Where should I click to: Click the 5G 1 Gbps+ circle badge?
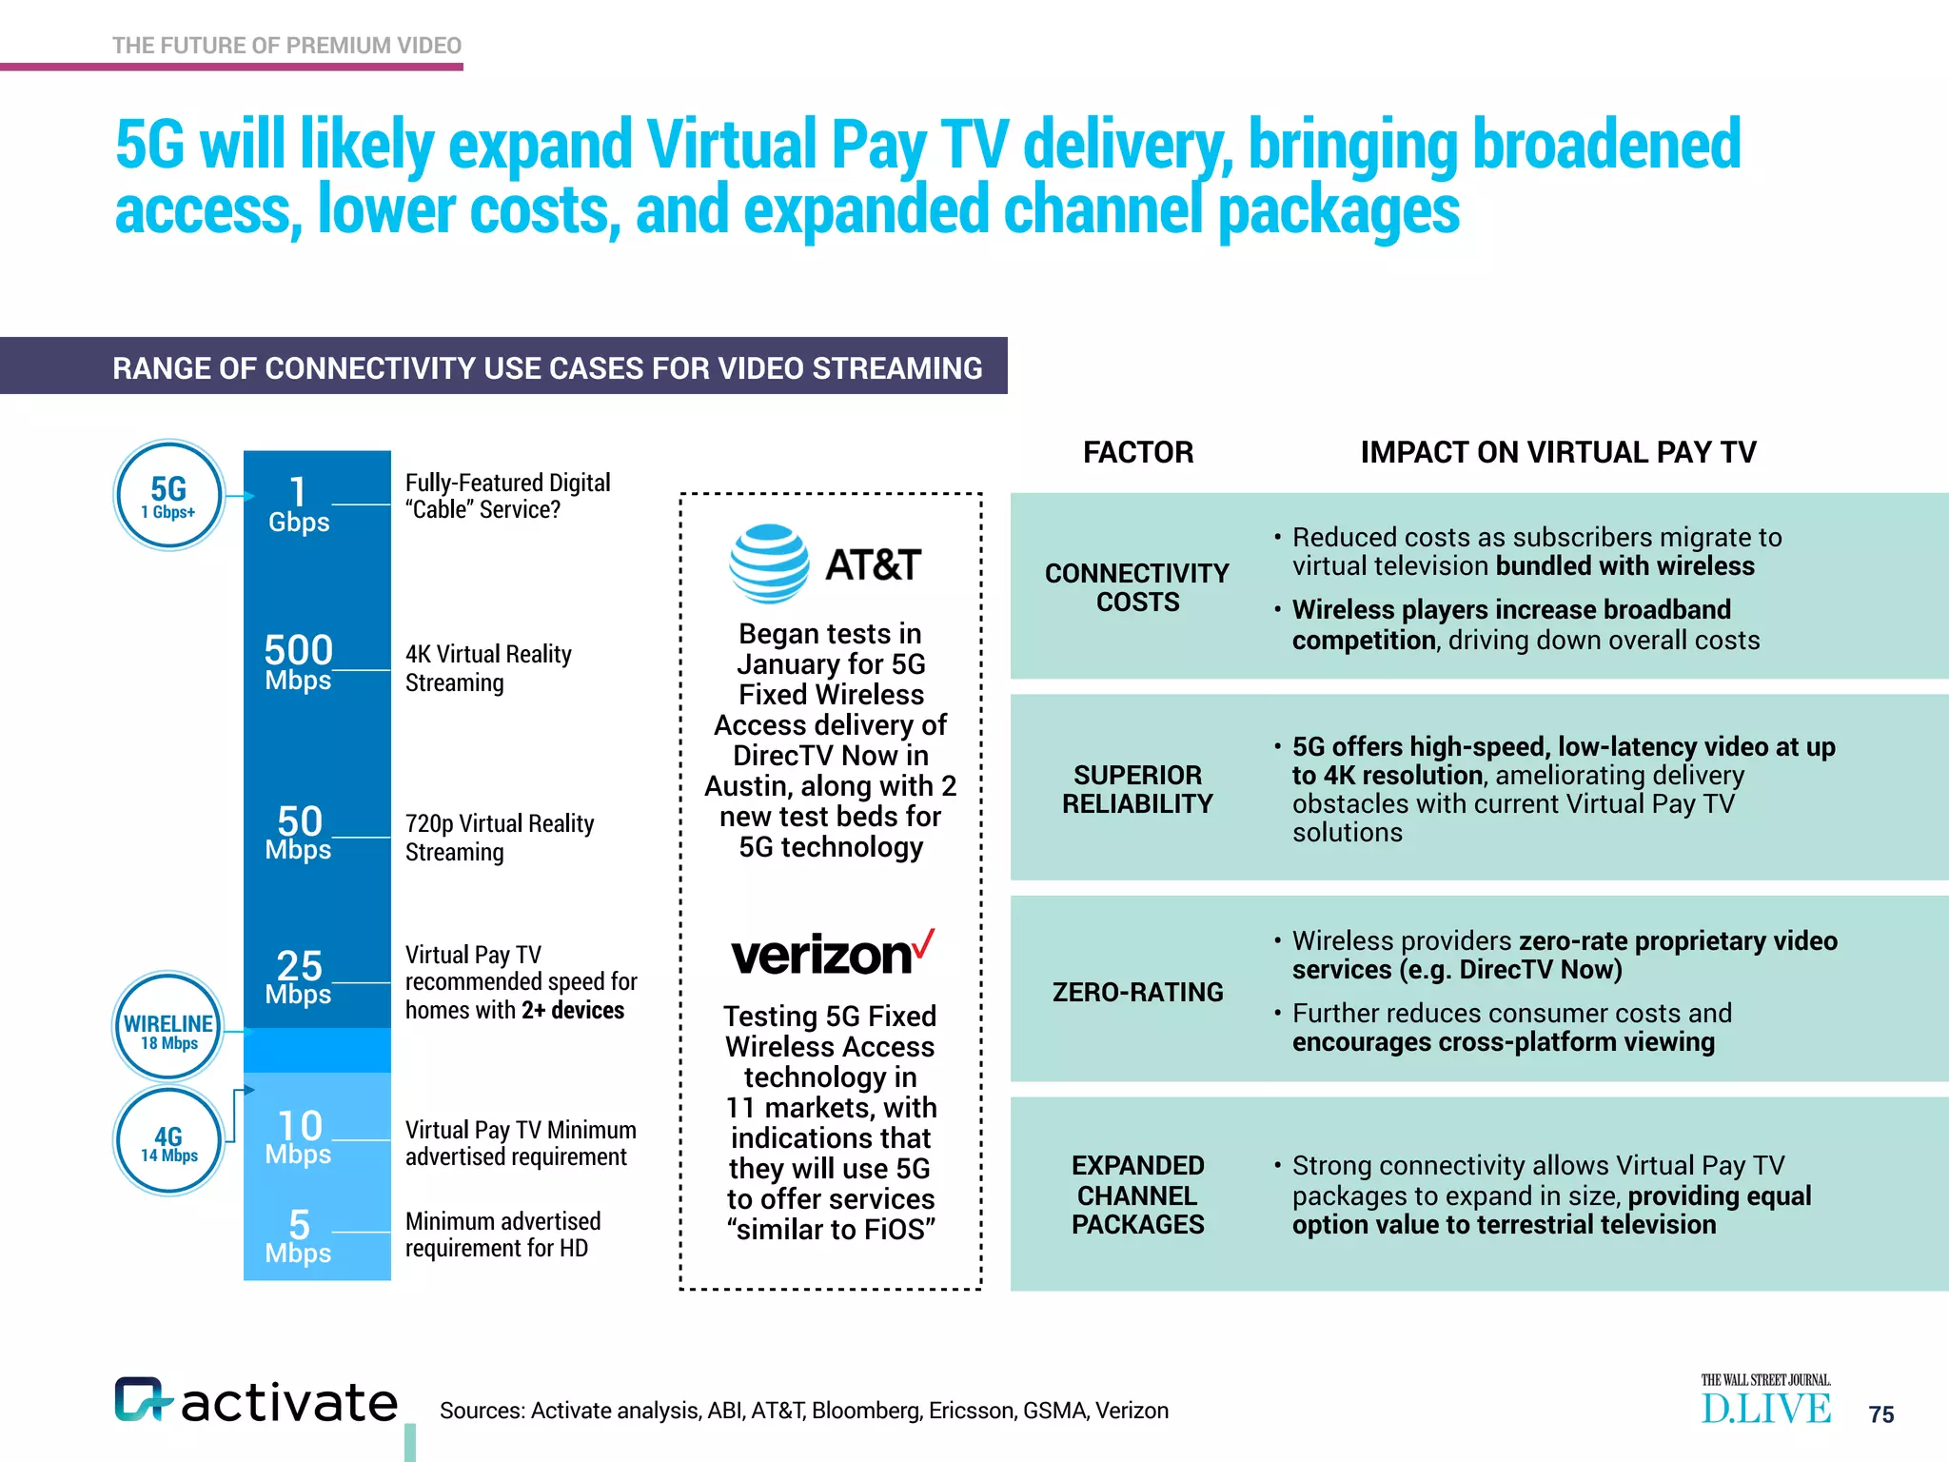pyautogui.click(x=169, y=496)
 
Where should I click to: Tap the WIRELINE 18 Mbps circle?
pyautogui.click(x=168, y=1027)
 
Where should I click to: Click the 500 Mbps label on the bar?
pyautogui.click(x=299, y=662)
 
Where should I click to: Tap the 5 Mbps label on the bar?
pyautogui.click(x=299, y=1235)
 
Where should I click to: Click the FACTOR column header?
pyautogui.click(x=1138, y=452)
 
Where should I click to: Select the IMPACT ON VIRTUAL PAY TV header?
pyautogui.click(x=1558, y=452)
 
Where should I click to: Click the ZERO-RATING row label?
pyautogui.click(x=1138, y=992)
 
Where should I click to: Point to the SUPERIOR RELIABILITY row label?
pyautogui.click(x=1138, y=789)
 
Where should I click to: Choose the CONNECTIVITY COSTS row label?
pyautogui.click(x=1137, y=587)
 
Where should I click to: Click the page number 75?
pyautogui.click(x=1880, y=1414)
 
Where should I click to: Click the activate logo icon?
pyautogui.click(x=142, y=1399)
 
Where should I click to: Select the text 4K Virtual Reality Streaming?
pyautogui.click(x=488, y=668)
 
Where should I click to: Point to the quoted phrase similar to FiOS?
pyautogui.click(x=831, y=1230)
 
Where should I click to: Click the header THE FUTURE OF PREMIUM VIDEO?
pyautogui.click(x=286, y=46)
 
